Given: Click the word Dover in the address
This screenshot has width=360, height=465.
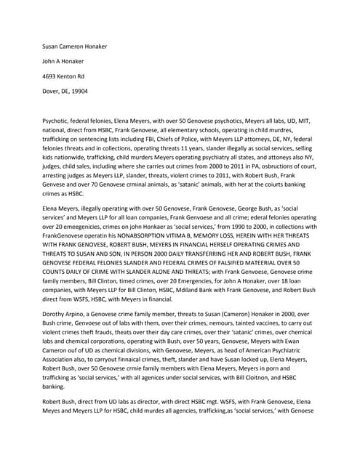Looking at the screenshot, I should coord(51,92).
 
